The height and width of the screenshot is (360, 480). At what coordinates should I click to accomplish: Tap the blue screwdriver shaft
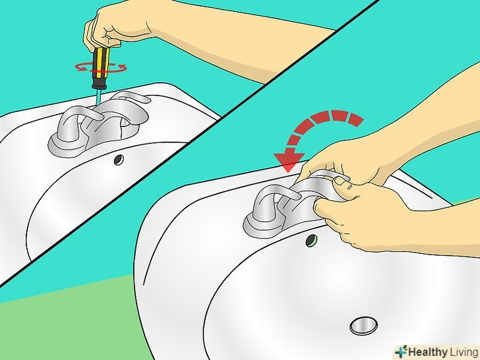[x=98, y=97]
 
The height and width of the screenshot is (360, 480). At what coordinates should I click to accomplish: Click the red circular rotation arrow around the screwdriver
[x=101, y=67]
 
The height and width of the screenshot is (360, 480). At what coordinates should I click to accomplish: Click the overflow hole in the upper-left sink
[x=119, y=160]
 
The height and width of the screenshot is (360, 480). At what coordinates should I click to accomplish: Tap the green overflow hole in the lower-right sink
[x=311, y=241]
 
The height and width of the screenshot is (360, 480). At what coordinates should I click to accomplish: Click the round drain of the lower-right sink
[x=363, y=326]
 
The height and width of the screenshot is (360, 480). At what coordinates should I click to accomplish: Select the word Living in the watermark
[x=464, y=351]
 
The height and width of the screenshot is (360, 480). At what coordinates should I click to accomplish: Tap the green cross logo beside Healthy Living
[x=401, y=351]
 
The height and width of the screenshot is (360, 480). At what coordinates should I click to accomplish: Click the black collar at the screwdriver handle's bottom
[x=100, y=83]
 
